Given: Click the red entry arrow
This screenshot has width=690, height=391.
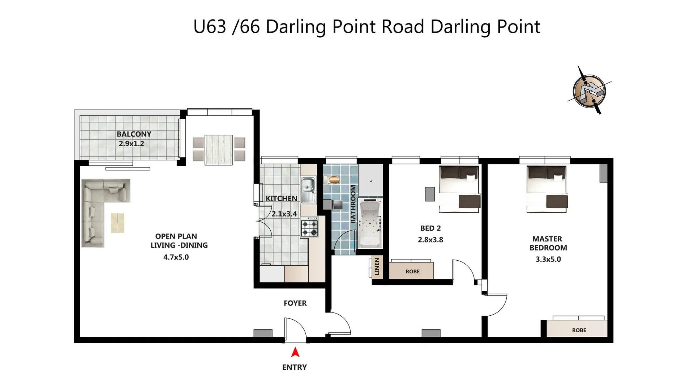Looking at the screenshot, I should [295, 352].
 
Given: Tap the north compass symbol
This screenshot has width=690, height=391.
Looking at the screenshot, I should [589, 91].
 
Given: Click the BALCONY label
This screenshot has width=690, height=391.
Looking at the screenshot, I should [134, 134].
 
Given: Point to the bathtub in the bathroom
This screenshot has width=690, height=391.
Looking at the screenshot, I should [370, 223].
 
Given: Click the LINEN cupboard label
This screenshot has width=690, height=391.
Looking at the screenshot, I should [377, 266].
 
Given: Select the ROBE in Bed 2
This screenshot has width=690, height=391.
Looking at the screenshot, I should [412, 271].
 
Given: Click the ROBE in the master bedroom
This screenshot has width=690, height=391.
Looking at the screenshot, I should [579, 330].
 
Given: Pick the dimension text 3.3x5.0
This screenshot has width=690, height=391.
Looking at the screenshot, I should [548, 259].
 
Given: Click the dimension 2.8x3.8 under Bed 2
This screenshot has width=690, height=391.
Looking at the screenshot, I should [430, 240].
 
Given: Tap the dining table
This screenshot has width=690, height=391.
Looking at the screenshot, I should [218, 150].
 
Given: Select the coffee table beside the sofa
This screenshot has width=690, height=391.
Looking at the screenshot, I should [117, 223].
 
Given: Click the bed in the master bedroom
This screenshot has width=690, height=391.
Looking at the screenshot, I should [546, 189].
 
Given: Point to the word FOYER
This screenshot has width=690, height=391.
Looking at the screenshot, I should [295, 303].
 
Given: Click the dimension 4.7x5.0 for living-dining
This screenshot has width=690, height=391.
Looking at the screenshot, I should [176, 257].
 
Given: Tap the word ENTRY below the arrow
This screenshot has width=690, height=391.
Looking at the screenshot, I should [294, 367].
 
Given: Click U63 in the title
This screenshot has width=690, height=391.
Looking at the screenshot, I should [210, 27].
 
